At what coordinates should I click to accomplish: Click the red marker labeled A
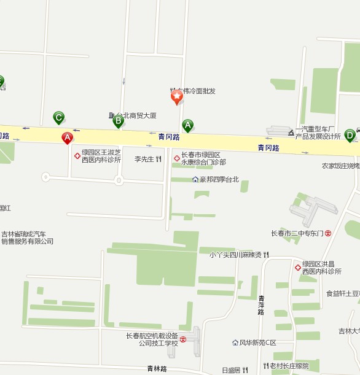[x=67, y=137]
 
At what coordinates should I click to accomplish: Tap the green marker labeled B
[x=118, y=121]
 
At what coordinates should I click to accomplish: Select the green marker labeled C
[x=59, y=117]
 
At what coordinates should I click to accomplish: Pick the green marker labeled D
[x=350, y=134]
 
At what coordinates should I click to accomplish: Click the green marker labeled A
[x=188, y=126]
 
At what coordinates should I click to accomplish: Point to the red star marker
[x=177, y=96]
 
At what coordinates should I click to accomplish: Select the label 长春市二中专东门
[x=297, y=233]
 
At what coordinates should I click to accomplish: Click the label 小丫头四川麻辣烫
[x=235, y=255]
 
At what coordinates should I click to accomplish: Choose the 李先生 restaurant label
[x=144, y=159]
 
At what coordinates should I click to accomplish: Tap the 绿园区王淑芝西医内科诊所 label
[x=101, y=156]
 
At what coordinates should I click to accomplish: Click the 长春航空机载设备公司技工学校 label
[x=152, y=339]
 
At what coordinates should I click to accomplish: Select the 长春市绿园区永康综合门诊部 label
[x=203, y=158]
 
